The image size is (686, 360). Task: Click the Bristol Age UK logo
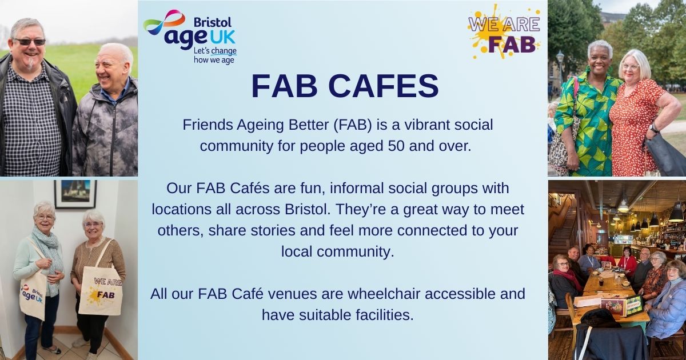(x=190, y=37)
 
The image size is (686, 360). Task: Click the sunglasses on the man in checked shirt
(x=30, y=42)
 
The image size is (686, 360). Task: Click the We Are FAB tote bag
(x=101, y=289)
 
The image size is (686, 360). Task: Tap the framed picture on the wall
(x=75, y=194)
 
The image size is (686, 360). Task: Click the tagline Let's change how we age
(x=215, y=55)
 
